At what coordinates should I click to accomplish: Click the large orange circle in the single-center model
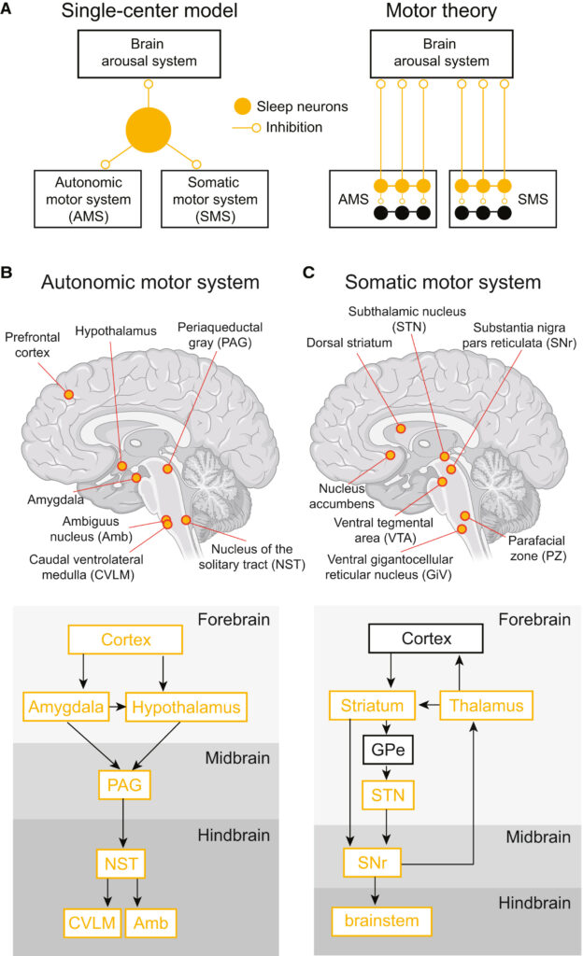point(149,129)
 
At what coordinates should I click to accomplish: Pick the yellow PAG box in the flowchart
point(125,786)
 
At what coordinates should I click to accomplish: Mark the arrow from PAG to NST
point(125,825)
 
